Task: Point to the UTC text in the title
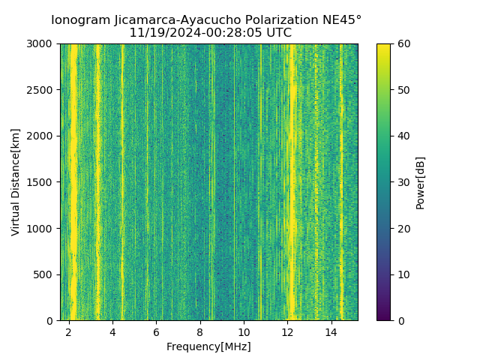click(277, 33)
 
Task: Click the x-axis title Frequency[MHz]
click(208, 346)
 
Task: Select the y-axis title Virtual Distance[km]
click(16, 182)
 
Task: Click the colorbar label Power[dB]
click(420, 182)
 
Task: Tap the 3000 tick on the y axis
click(41, 44)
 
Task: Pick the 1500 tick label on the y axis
click(41, 182)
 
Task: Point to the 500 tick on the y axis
click(44, 274)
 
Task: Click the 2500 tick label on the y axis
click(41, 90)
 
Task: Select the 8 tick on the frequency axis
click(199, 332)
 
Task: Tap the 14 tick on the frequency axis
click(331, 332)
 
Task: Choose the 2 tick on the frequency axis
click(69, 332)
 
